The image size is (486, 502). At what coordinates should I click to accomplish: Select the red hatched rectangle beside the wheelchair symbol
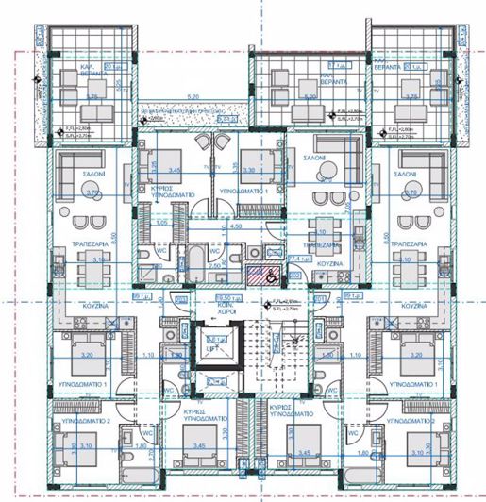pos(256,276)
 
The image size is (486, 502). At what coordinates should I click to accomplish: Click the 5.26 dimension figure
pos(193,96)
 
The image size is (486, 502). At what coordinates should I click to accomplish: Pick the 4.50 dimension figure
pos(241,226)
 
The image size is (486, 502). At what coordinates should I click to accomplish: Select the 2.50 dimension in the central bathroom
pos(214,267)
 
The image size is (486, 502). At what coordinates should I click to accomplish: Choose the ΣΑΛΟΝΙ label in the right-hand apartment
pos(408,176)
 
